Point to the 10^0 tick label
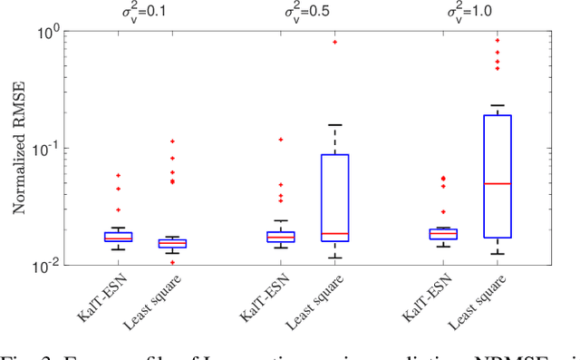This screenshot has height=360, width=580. click(45, 32)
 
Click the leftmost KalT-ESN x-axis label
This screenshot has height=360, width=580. click(100, 296)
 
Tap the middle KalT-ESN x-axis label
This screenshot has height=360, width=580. click(263, 296)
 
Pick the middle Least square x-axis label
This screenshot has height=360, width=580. click(313, 302)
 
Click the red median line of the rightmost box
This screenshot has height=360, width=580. click(498, 183)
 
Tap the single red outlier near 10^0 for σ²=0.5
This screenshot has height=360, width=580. click(335, 42)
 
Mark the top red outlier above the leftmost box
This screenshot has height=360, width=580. click(118, 175)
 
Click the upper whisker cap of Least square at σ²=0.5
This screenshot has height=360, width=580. click(335, 124)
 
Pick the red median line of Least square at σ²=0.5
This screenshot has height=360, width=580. click(335, 234)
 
